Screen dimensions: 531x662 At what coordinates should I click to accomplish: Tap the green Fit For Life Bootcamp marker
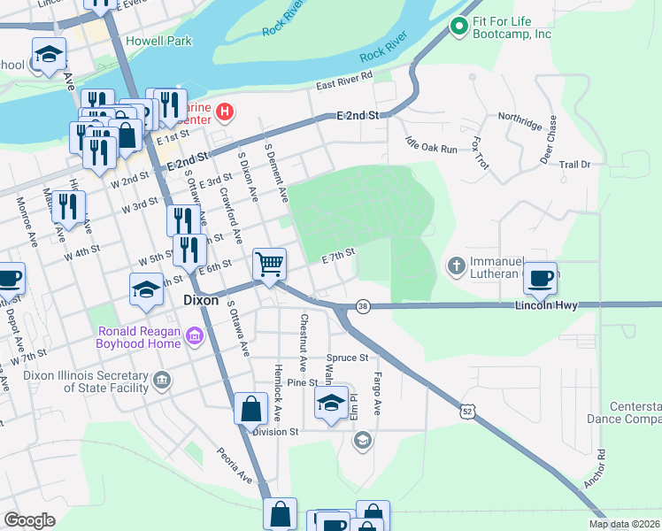tap(458, 27)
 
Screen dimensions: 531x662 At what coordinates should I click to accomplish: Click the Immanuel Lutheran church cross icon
tap(456, 265)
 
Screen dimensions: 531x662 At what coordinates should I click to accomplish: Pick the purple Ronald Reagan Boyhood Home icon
tap(195, 335)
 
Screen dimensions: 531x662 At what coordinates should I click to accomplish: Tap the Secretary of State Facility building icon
tap(161, 381)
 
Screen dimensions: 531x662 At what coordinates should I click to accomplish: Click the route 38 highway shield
tap(363, 305)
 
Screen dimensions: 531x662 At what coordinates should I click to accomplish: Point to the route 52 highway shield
tap(468, 412)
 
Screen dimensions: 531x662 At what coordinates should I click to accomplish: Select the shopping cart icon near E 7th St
tap(270, 263)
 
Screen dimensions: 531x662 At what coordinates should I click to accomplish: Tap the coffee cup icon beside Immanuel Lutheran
tap(540, 277)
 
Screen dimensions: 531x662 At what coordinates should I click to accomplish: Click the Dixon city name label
tap(200, 300)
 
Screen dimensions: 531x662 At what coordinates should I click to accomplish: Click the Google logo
tap(29, 520)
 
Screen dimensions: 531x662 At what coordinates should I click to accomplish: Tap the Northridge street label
tap(519, 122)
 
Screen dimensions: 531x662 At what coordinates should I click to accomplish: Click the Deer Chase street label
tap(549, 139)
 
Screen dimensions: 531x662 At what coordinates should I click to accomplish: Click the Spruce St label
tap(346, 358)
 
